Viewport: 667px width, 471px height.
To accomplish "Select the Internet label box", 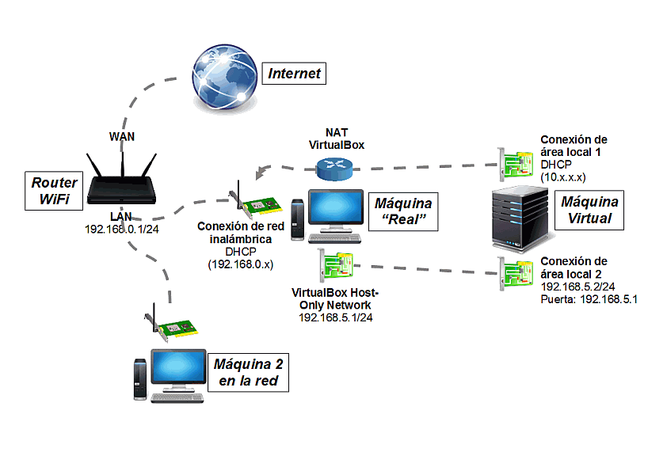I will (295, 74).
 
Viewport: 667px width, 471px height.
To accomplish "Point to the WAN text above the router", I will (121, 136).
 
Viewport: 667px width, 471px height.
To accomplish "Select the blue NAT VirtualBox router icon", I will (331, 168).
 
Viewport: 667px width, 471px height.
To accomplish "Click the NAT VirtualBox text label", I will (336, 139).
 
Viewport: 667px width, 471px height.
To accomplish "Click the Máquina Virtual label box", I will (588, 210).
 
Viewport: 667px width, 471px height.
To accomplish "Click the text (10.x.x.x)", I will (563, 177).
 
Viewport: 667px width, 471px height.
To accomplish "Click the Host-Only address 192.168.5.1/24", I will (336, 317).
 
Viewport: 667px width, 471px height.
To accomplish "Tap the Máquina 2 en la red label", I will (247, 373).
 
